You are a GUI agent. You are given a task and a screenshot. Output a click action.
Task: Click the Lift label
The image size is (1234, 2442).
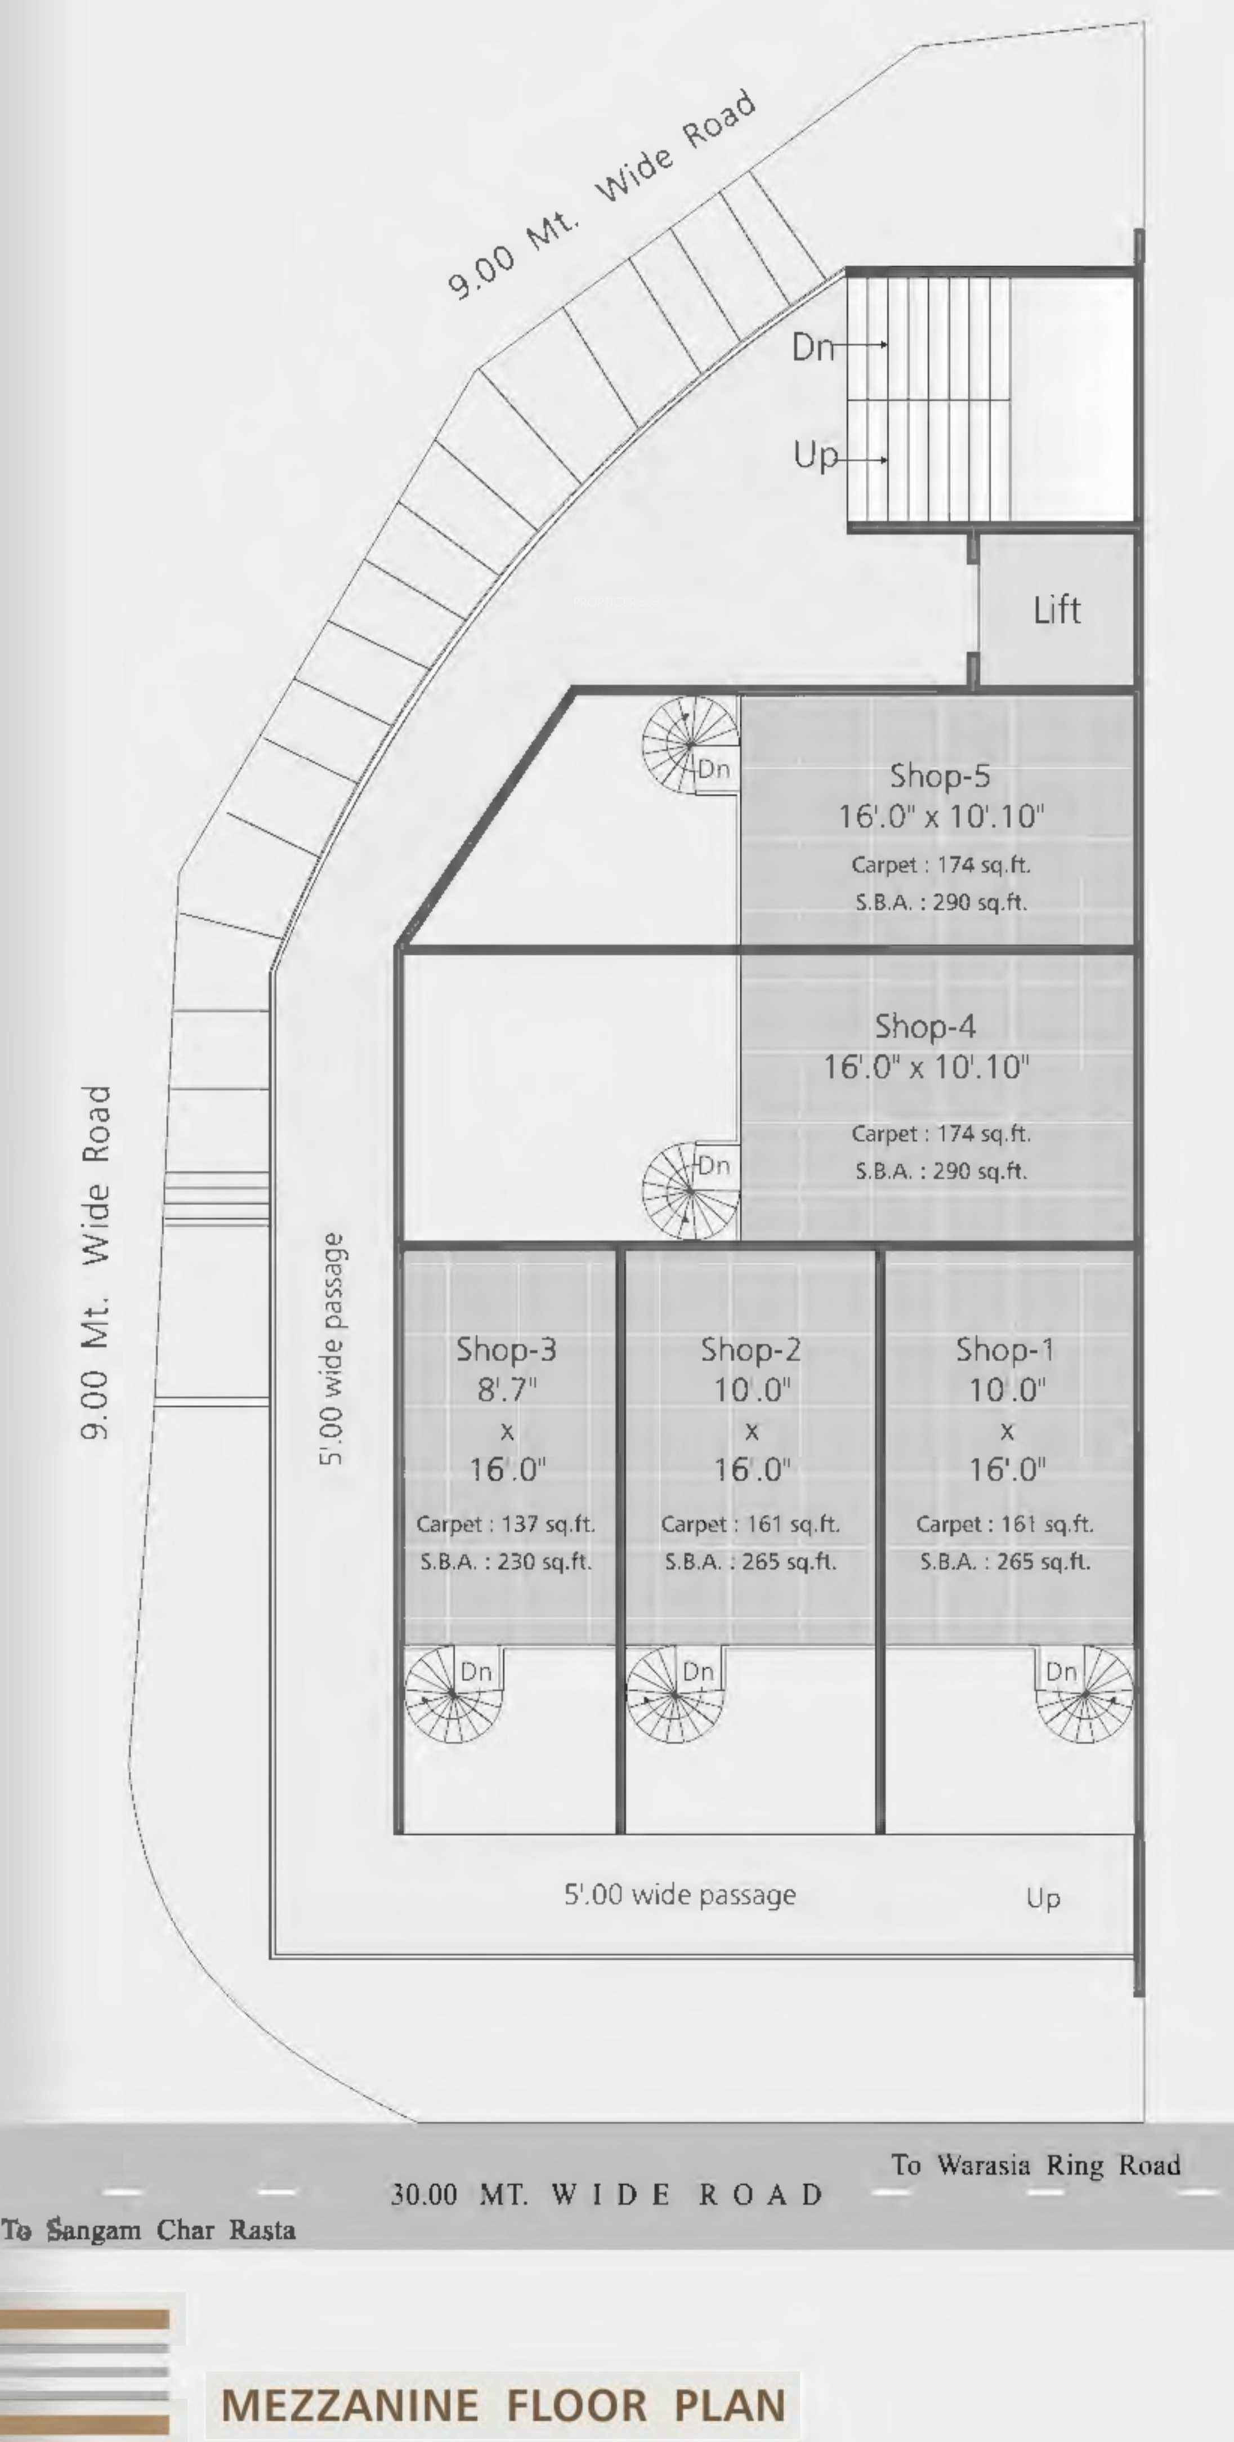pos(1057,609)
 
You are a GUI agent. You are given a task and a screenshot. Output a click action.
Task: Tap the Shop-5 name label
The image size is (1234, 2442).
pos(939,776)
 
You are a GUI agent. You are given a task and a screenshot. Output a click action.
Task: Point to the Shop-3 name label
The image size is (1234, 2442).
pos(506,1349)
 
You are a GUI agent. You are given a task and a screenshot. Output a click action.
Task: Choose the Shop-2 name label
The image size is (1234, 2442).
pos(750,1349)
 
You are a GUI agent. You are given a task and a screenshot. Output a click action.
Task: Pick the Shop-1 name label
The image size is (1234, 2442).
pos(1005,1349)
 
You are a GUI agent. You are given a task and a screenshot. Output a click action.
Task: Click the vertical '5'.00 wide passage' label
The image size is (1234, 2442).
pos(331,1349)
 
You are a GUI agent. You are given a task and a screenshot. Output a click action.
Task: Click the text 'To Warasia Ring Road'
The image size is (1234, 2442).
pos(1035,2165)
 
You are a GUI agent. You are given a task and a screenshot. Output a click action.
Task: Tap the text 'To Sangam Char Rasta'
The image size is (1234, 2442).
pos(149,2230)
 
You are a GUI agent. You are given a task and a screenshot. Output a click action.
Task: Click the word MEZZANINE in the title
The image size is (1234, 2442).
pos(350,2404)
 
